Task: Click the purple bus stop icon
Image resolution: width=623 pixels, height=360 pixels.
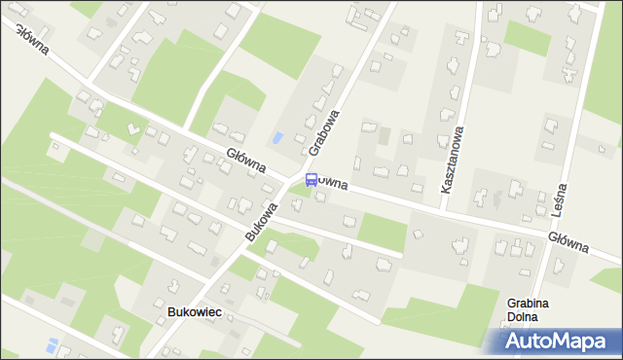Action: tap(311, 179)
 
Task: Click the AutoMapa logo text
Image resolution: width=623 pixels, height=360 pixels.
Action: tap(558, 342)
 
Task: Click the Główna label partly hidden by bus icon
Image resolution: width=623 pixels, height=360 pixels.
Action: tap(331, 183)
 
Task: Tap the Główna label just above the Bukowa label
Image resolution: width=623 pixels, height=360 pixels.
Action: tap(246, 162)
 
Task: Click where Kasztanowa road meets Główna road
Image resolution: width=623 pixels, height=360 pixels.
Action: tap(446, 207)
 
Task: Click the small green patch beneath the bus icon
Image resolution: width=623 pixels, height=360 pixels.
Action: tap(304, 192)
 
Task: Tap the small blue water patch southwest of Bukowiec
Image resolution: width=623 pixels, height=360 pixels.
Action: tap(53, 344)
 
